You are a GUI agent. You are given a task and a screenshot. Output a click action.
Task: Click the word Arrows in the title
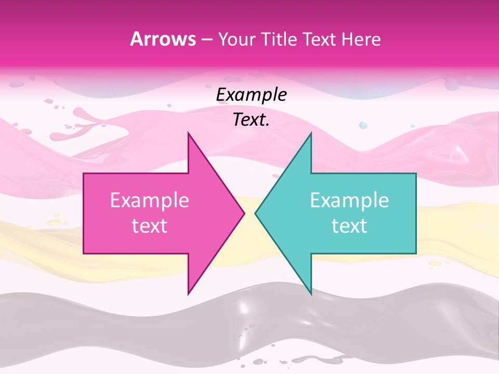[163, 39]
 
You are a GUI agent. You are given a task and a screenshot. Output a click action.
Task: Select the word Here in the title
[361, 39]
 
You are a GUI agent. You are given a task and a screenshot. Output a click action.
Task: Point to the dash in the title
[207, 39]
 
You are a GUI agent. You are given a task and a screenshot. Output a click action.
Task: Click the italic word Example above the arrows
[252, 95]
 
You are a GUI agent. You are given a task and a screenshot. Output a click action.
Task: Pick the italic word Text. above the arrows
[252, 120]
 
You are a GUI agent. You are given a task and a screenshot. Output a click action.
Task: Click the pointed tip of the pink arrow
[244, 213]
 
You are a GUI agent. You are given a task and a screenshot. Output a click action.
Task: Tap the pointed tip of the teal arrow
[256, 213]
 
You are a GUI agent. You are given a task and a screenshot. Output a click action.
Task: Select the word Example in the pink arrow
[150, 201]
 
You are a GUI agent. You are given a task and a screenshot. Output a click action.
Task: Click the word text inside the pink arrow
[150, 226]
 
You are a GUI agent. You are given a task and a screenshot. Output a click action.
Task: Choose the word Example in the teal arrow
[349, 201]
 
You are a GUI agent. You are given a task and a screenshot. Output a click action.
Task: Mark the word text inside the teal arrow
[349, 226]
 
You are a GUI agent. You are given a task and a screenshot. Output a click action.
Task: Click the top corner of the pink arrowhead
[188, 133]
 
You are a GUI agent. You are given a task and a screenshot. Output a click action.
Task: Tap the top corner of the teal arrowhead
[311, 133]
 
